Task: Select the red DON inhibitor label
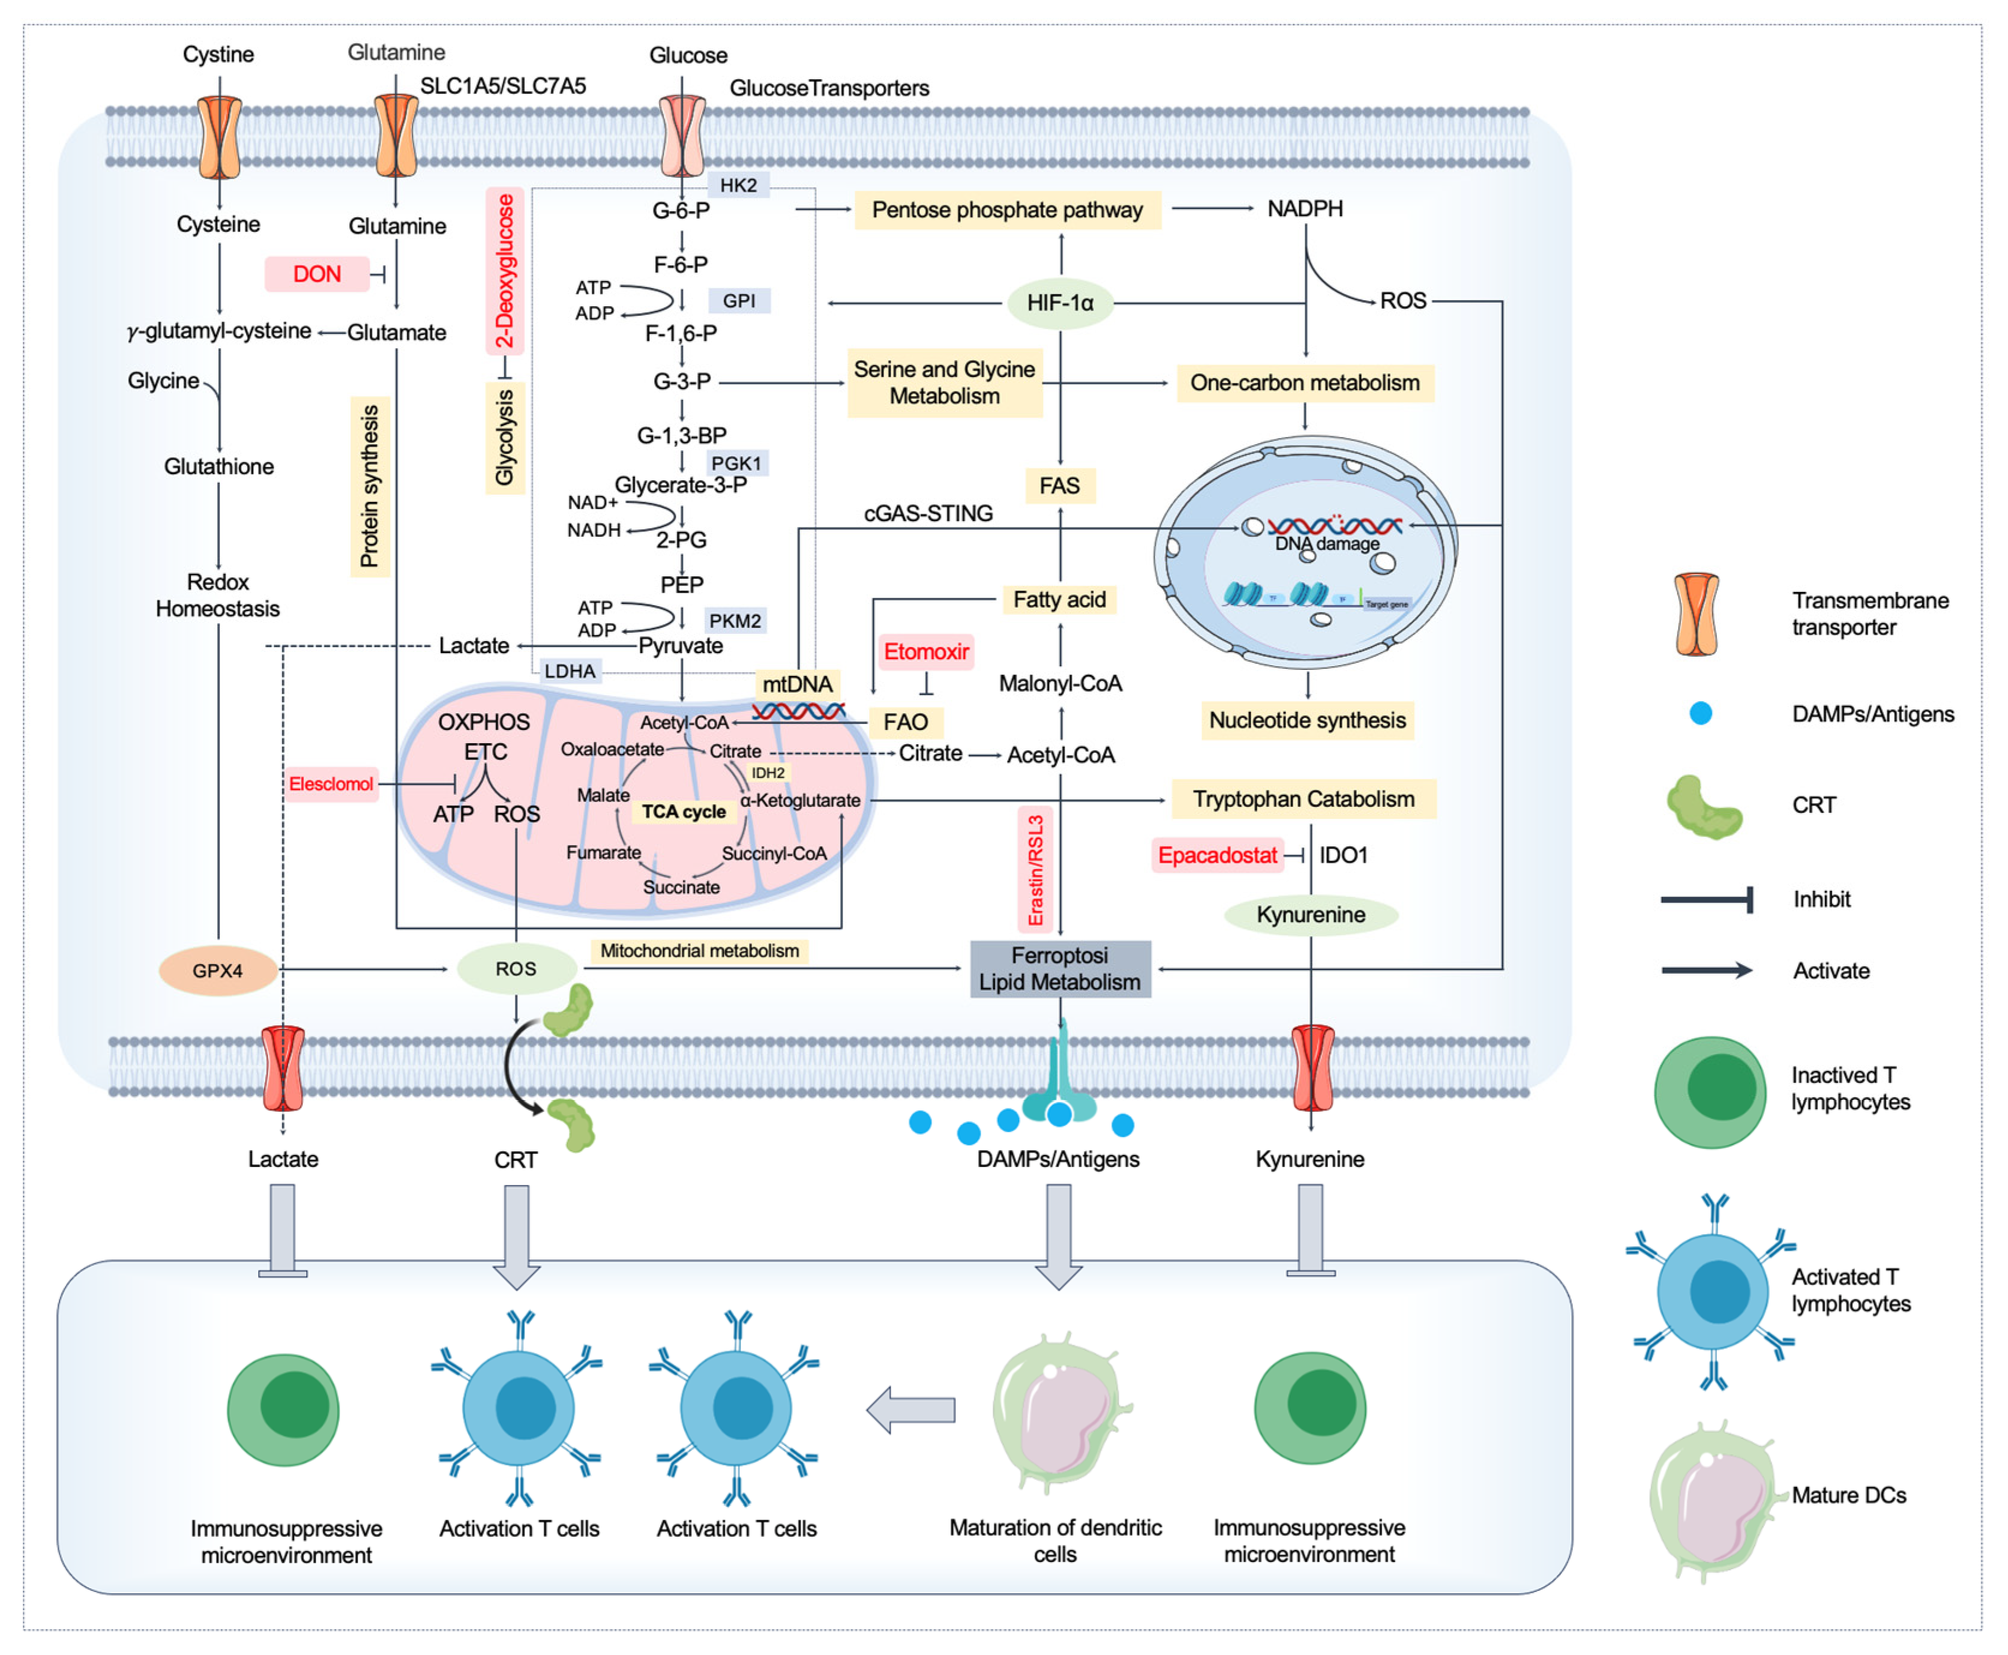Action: click(316, 274)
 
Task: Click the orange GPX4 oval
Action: click(217, 971)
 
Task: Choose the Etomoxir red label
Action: click(925, 652)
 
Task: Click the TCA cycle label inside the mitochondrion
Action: click(684, 812)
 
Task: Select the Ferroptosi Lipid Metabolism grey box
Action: click(1060, 969)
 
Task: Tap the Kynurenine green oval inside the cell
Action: click(1311, 914)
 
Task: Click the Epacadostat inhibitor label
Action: click(1217, 855)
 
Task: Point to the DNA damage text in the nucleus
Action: click(1327, 543)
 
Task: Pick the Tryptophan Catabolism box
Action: click(1303, 799)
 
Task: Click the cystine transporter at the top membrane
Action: click(219, 136)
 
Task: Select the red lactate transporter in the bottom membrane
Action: click(283, 1068)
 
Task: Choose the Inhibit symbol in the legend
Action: click(1706, 899)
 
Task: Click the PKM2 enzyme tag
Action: click(735, 621)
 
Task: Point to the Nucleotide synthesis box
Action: click(1306, 720)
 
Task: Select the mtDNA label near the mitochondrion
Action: click(797, 684)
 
